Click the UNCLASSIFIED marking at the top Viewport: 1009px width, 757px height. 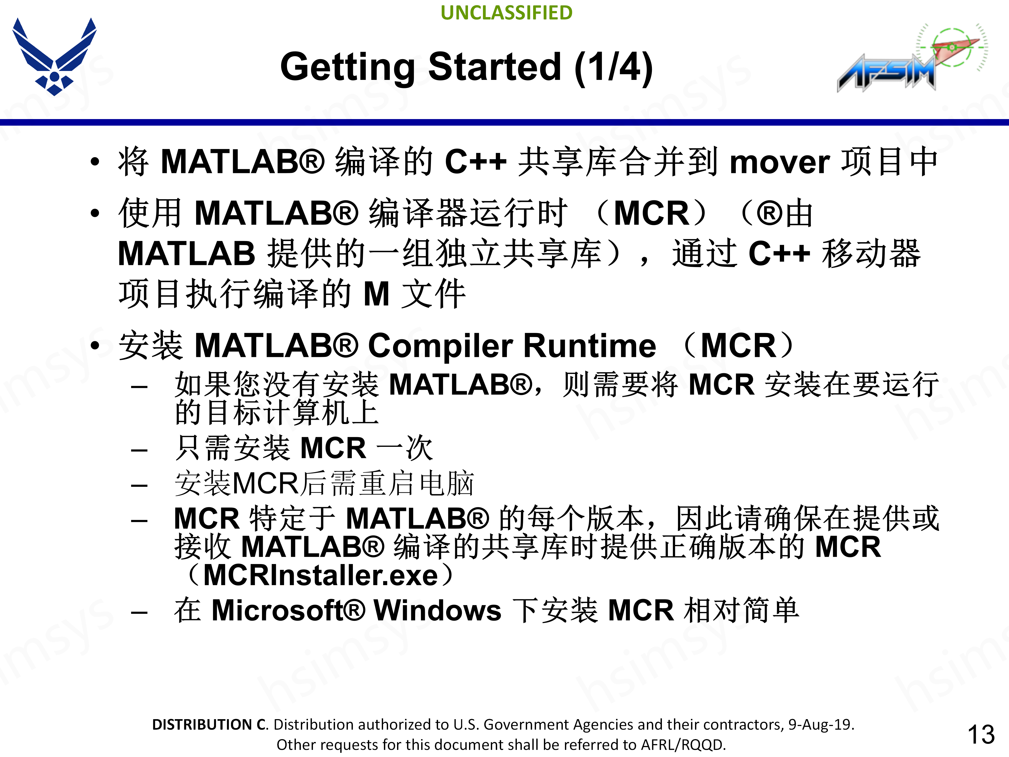click(x=506, y=13)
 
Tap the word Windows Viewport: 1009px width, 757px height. click(x=437, y=611)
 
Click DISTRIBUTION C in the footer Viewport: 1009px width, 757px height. click(x=210, y=725)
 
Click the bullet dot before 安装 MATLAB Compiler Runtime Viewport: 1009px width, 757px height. click(x=94, y=346)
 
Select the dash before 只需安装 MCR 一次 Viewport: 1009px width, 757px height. click(x=139, y=450)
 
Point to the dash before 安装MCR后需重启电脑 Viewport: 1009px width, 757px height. click(x=139, y=485)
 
